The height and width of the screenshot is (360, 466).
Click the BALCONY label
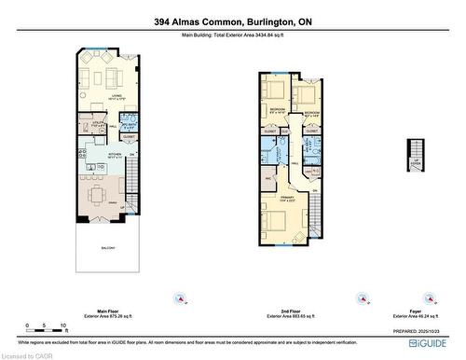[109, 248]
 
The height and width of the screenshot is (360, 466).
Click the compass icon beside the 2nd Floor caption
[360, 298]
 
